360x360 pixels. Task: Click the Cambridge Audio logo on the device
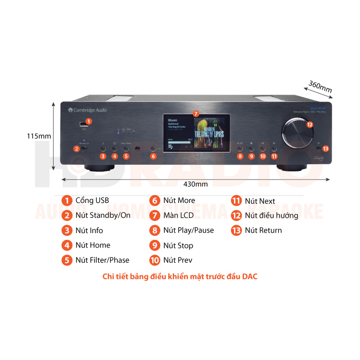88,110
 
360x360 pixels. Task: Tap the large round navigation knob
297,133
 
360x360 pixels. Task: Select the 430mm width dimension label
196,184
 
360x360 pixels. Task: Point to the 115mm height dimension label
39,136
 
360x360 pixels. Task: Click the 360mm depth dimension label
320,86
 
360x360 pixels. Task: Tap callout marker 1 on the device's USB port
88,121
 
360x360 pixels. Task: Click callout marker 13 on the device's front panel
326,148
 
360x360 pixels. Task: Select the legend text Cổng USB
92,200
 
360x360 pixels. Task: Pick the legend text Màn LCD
179,216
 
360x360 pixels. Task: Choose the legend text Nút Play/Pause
189,230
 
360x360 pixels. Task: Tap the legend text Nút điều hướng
271,216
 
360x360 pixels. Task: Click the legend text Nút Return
263,230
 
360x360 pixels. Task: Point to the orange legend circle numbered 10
155,260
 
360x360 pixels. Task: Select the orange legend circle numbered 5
67,260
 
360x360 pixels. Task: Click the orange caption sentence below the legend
180,277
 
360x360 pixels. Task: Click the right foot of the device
295,168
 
